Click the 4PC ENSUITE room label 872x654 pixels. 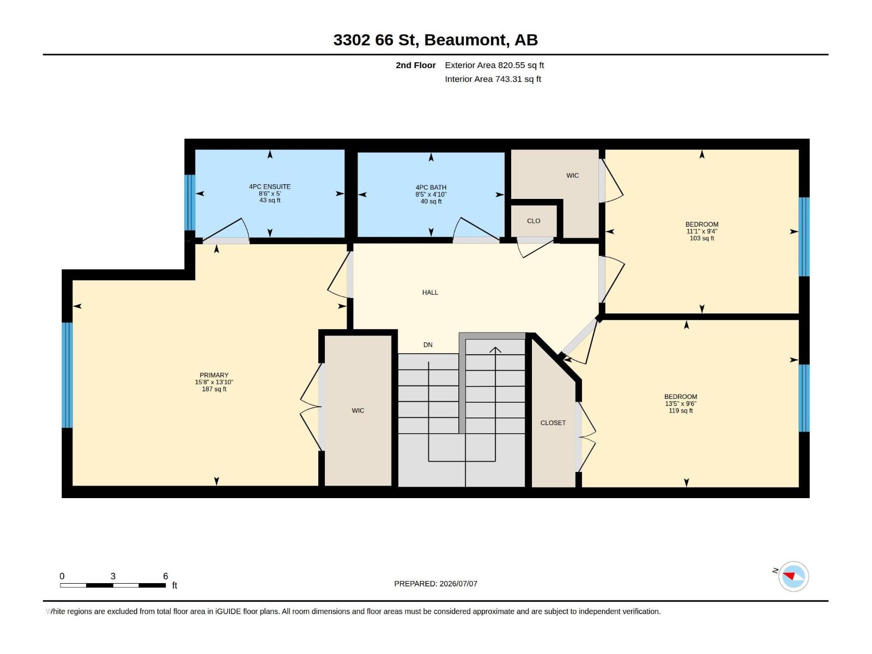click(270, 186)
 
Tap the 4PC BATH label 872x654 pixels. click(431, 187)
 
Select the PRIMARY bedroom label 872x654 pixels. click(214, 376)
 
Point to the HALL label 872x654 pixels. click(430, 293)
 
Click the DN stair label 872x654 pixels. click(428, 345)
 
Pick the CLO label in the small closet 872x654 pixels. click(534, 221)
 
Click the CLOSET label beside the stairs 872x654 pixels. click(553, 423)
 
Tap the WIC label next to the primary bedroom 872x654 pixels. click(358, 410)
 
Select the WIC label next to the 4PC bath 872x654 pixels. click(572, 175)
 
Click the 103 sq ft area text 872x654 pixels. click(702, 239)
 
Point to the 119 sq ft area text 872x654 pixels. click(681, 411)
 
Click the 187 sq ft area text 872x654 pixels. click(214, 390)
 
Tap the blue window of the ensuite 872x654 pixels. click(190, 203)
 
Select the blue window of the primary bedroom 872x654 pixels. click(67, 376)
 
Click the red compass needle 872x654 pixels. click(789, 576)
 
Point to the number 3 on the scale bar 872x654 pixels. click(113, 576)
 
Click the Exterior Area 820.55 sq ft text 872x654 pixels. click(494, 65)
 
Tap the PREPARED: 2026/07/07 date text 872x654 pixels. click(436, 584)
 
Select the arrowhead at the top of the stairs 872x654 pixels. click(495, 350)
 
